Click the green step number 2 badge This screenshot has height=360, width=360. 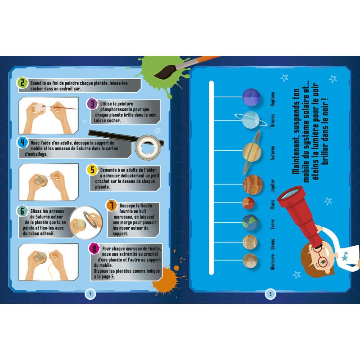point(22,83)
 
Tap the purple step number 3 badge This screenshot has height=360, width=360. point(92,104)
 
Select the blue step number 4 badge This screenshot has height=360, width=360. point(22,143)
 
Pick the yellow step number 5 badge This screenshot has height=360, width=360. point(92,170)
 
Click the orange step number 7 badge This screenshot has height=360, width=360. point(112,205)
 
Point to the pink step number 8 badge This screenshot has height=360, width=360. point(94,248)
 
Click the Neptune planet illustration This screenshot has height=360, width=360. point(251,97)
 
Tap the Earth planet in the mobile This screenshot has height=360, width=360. point(250,222)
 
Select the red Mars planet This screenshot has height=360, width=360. point(248,203)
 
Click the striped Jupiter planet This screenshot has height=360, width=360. point(253,184)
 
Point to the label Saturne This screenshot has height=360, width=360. point(273,153)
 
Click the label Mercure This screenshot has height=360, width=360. point(273,262)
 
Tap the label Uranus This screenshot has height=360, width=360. point(273,121)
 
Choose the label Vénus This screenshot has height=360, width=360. point(273,244)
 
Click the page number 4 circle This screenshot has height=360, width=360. point(90,294)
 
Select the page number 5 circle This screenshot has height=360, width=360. point(270,294)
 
